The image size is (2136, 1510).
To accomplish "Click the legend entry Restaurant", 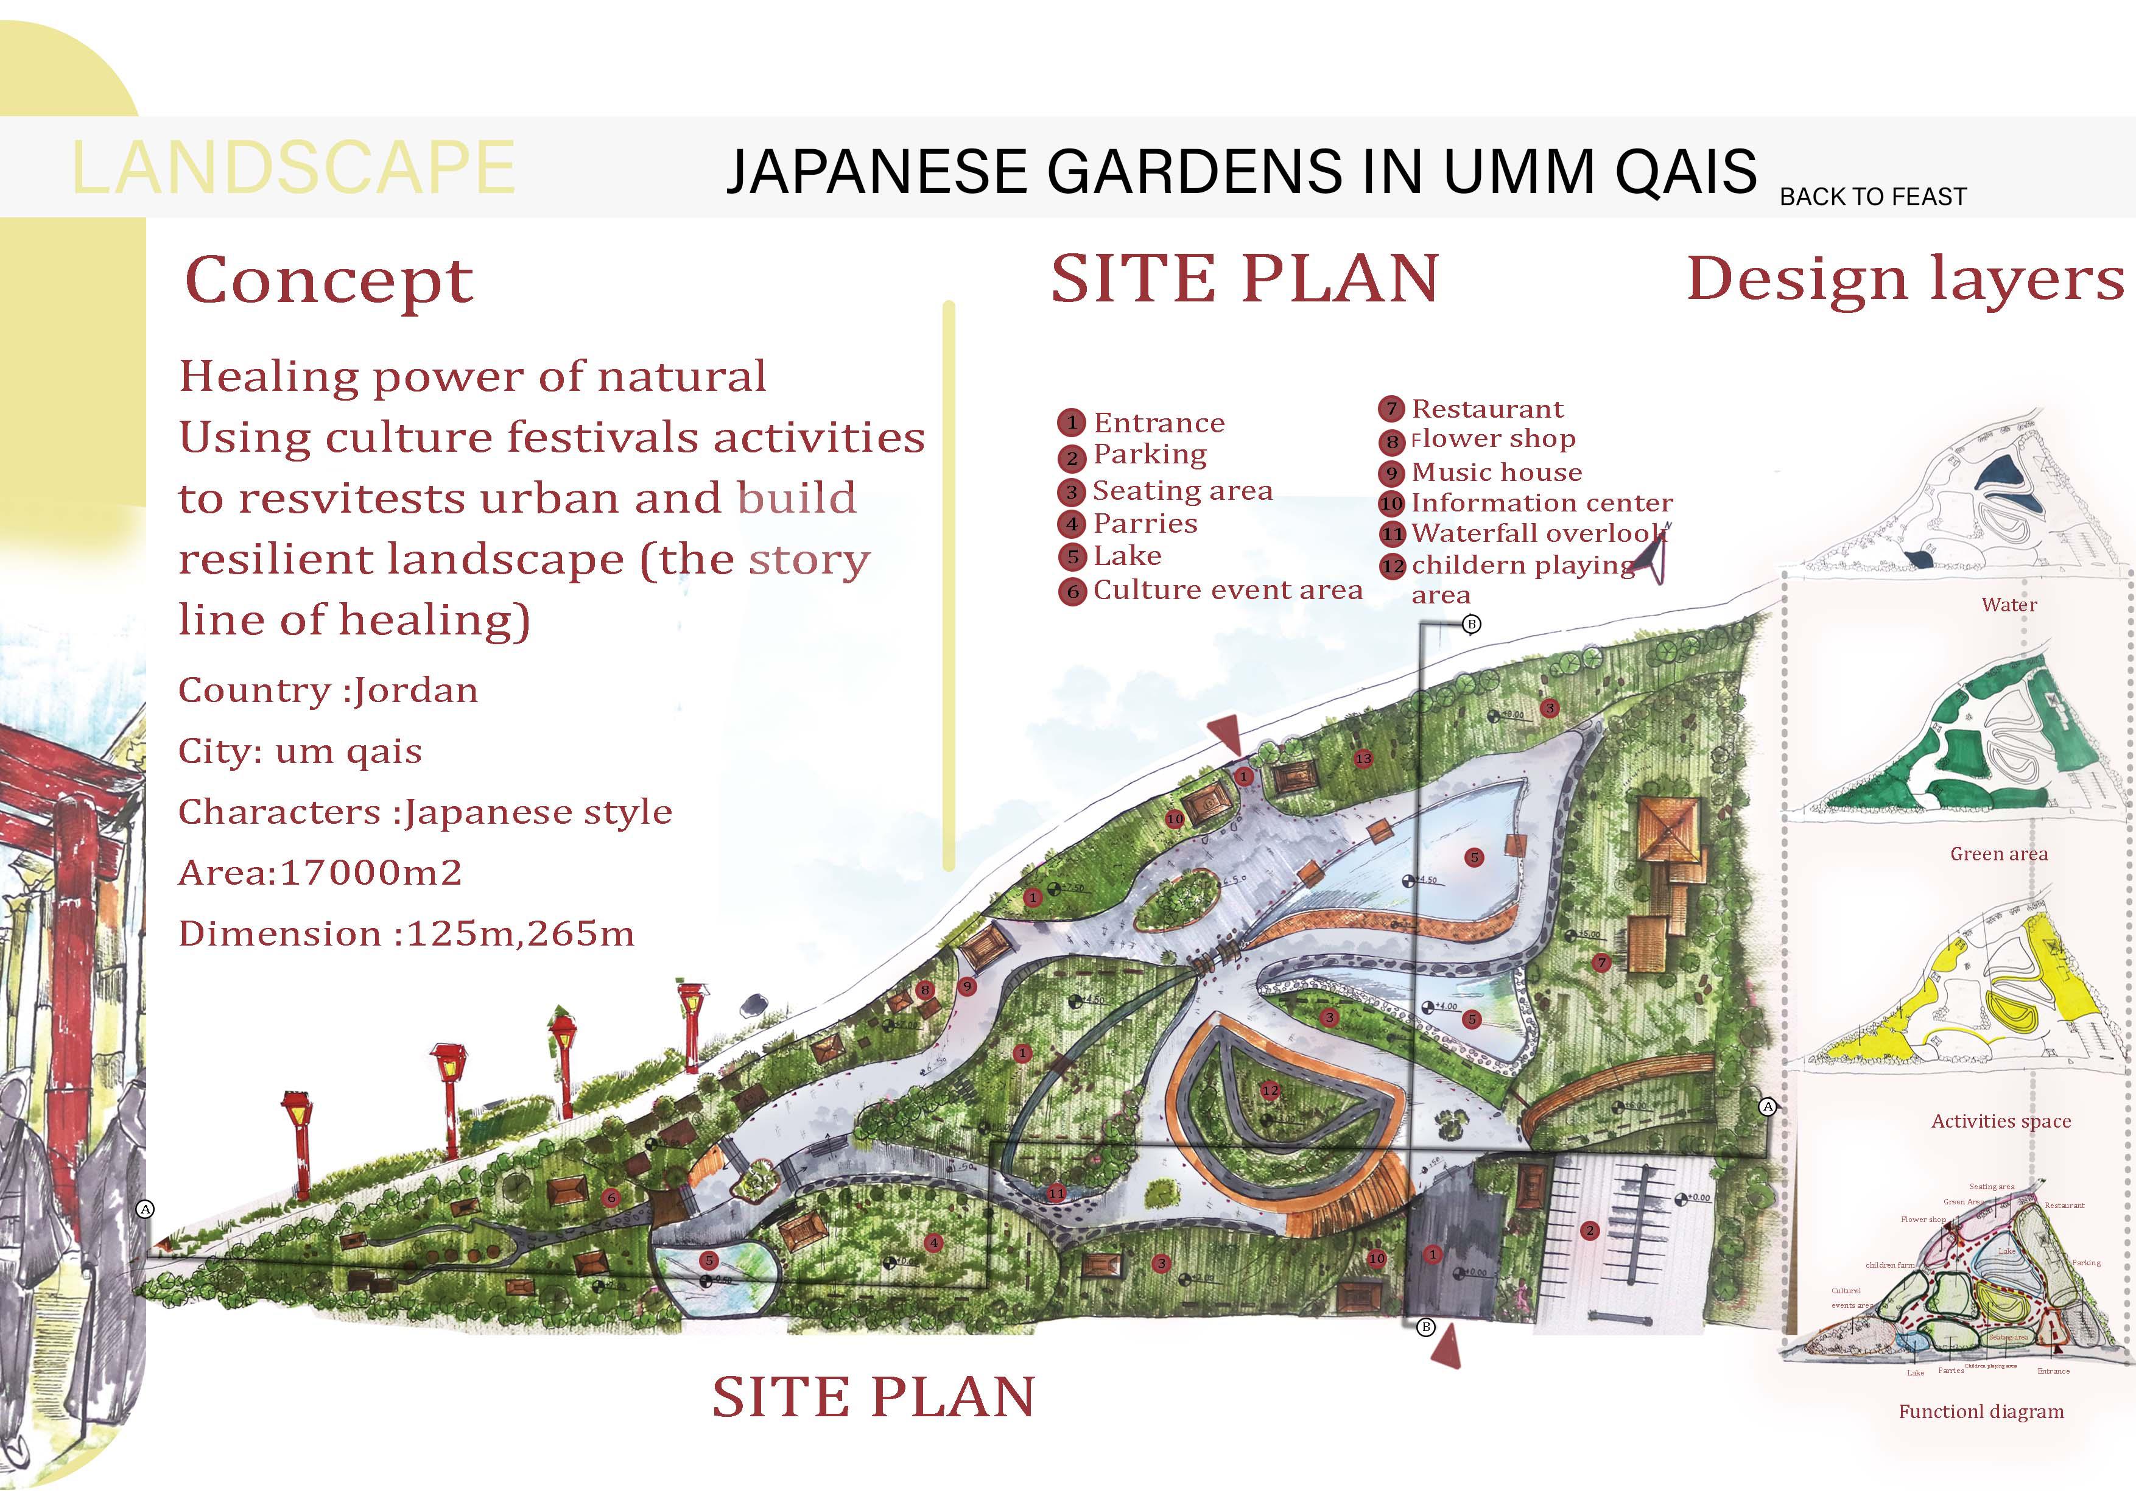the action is (1487, 409).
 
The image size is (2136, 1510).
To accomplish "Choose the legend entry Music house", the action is (1496, 472).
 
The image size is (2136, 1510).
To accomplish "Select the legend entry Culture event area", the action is (1226, 590).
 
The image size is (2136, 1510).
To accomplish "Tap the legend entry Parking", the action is (1149, 454).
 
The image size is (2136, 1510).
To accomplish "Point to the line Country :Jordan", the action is (328, 690).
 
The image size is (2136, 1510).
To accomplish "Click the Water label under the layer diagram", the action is (2009, 605).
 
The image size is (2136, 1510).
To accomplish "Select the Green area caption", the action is (1998, 854).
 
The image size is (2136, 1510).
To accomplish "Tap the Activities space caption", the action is (2000, 1121).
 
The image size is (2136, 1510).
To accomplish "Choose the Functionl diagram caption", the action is (1981, 1411).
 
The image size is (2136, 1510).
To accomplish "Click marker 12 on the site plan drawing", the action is (1270, 1089).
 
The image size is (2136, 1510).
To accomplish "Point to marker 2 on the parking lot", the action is (1589, 1231).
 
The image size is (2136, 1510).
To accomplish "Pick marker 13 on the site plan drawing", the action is (1363, 758).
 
